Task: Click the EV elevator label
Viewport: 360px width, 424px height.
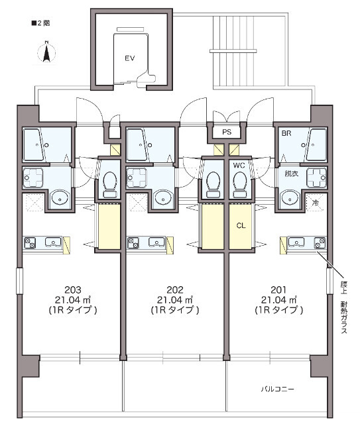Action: click(x=130, y=58)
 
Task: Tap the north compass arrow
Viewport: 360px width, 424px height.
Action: click(x=46, y=52)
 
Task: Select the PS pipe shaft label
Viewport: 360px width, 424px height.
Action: click(x=227, y=132)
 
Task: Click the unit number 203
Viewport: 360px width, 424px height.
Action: click(x=73, y=290)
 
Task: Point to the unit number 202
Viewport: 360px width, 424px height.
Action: click(x=175, y=290)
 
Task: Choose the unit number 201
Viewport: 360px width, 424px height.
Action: click(x=278, y=290)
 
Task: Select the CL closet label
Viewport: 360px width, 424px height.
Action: click(x=241, y=225)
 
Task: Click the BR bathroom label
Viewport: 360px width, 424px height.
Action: click(x=286, y=133)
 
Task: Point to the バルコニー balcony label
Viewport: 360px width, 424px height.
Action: click(x=277, y=389)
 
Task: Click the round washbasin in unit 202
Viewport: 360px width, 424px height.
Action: click(x=164, y=198)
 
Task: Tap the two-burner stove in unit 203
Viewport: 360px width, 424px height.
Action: click(x=30, y=242)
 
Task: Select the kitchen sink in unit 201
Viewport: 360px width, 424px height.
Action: click(x=296, y=242)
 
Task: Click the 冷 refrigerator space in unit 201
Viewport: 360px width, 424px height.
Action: click(x=316, y=203)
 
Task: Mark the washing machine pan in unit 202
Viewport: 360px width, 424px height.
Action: click(x=137, y=178)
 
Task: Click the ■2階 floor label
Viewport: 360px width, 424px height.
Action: click(x=41, y=23)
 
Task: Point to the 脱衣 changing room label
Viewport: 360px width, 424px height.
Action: click(x=292, y=174)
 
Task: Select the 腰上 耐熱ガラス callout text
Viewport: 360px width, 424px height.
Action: click(x=344, y=307)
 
